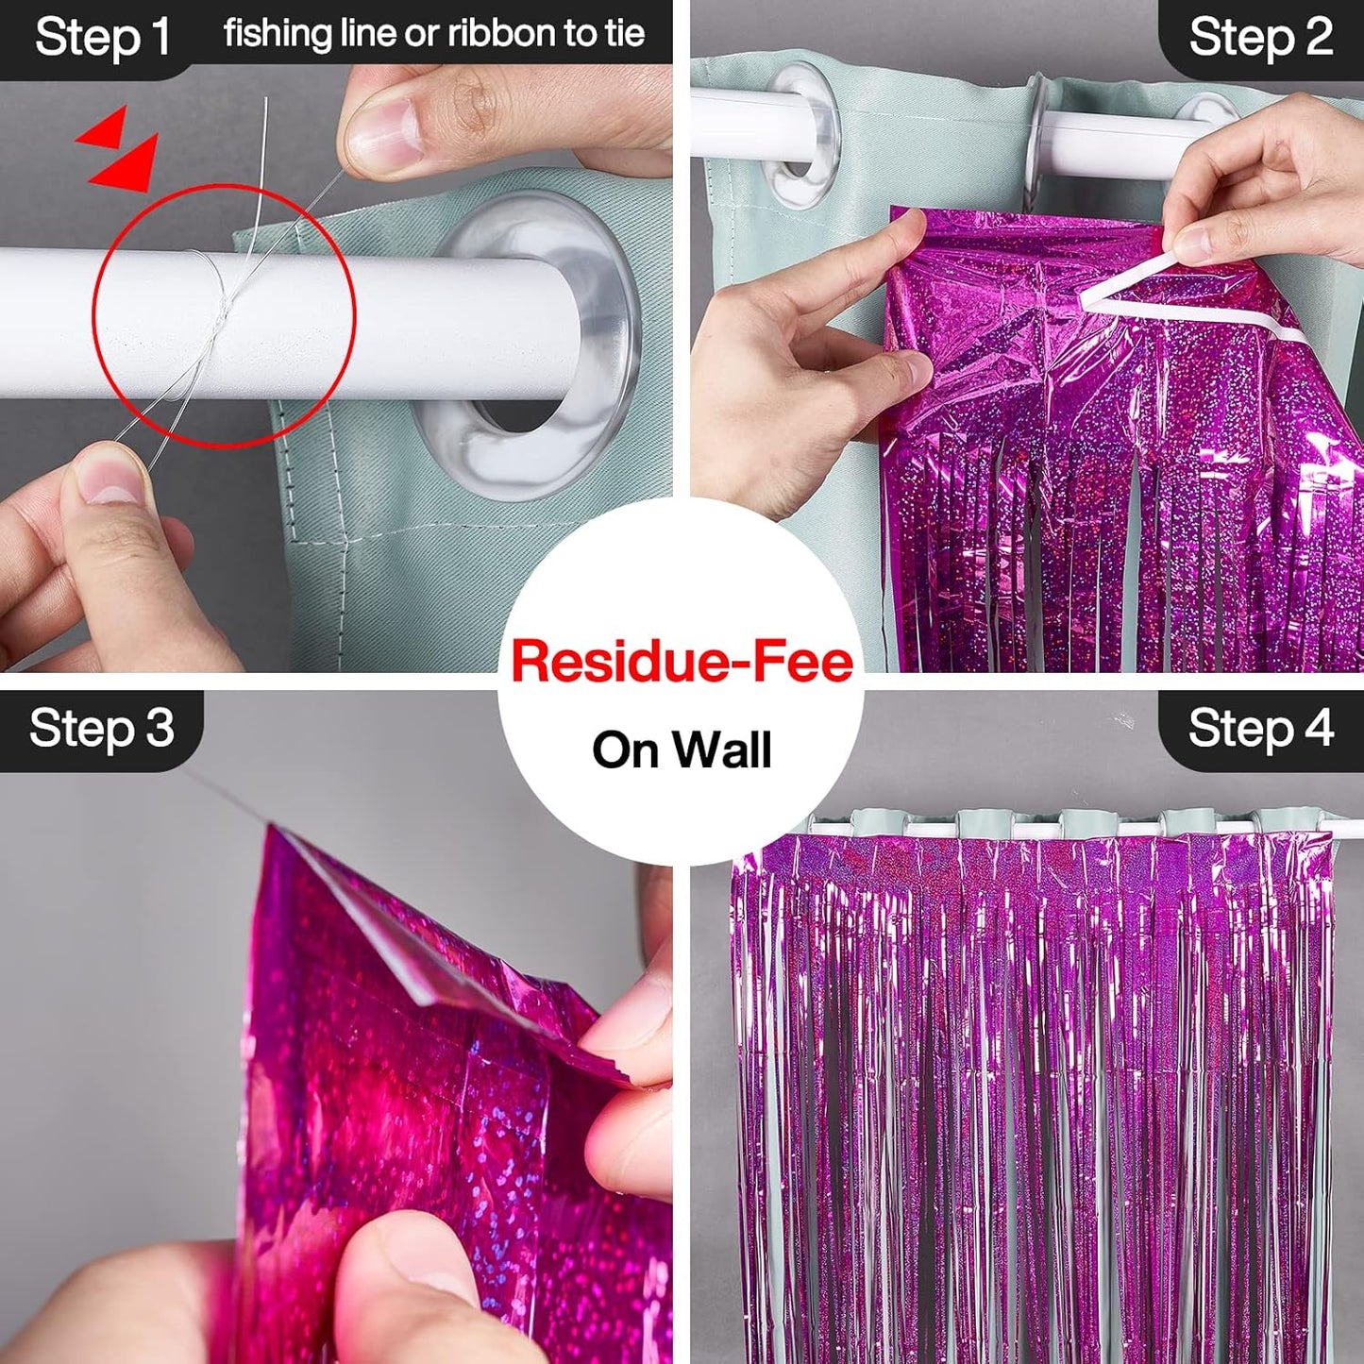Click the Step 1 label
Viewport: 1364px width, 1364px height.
(x=102, y=38)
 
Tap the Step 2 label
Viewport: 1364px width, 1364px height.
(x=1260, y=38)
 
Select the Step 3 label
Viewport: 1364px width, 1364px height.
(x=102, y=729)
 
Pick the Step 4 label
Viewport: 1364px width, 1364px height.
(x=1260, y=729)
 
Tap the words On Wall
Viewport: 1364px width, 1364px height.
(x=682, y=750)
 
